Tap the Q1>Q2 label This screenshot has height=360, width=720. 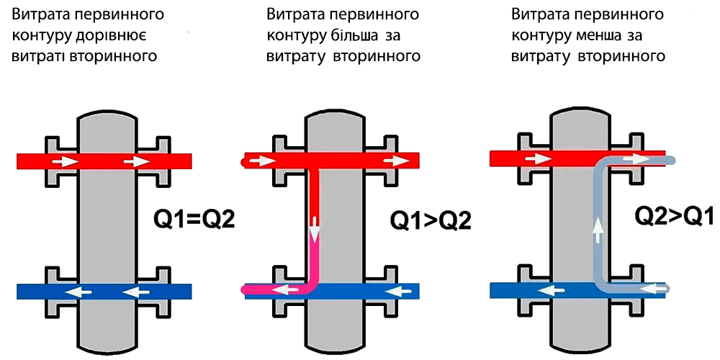coord(431,220)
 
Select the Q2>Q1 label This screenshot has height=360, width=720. coord(673,214)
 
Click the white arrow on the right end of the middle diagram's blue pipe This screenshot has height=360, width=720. coord(403,291)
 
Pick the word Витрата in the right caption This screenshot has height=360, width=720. coord(539,14)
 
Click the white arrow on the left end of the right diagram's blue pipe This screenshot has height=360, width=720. coord(552,290)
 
